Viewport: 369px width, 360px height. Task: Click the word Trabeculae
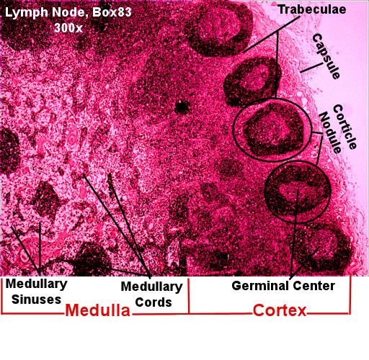coord(312,9)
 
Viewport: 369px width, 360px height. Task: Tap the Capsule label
coord(326,56)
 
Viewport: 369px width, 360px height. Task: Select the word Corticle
coord(345,127)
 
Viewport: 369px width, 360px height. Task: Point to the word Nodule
coord(330,132)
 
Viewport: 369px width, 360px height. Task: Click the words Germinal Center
coord(283,286)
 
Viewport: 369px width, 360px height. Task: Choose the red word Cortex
coord(280,310)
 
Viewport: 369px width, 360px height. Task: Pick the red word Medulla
coord(97,310)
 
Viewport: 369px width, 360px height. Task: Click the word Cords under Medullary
coord(154,302)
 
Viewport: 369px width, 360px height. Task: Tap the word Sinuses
coord(37,300)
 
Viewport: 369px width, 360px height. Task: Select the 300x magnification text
coord(68,28)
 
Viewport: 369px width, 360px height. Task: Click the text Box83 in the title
coord(112,12)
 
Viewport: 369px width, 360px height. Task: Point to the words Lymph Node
coord(46,12)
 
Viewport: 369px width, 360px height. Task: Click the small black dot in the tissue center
coord(182,107)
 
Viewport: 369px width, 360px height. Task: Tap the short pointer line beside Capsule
coord(311,68)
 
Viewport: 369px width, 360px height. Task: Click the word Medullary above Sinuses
coord(37,284)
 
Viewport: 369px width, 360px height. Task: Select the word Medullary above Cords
coord(151,287)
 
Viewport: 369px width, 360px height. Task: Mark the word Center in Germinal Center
coord(314,286)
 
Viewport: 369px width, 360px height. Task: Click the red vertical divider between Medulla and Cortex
coord(189,296)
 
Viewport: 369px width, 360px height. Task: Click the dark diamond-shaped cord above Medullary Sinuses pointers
coord(45,199)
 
